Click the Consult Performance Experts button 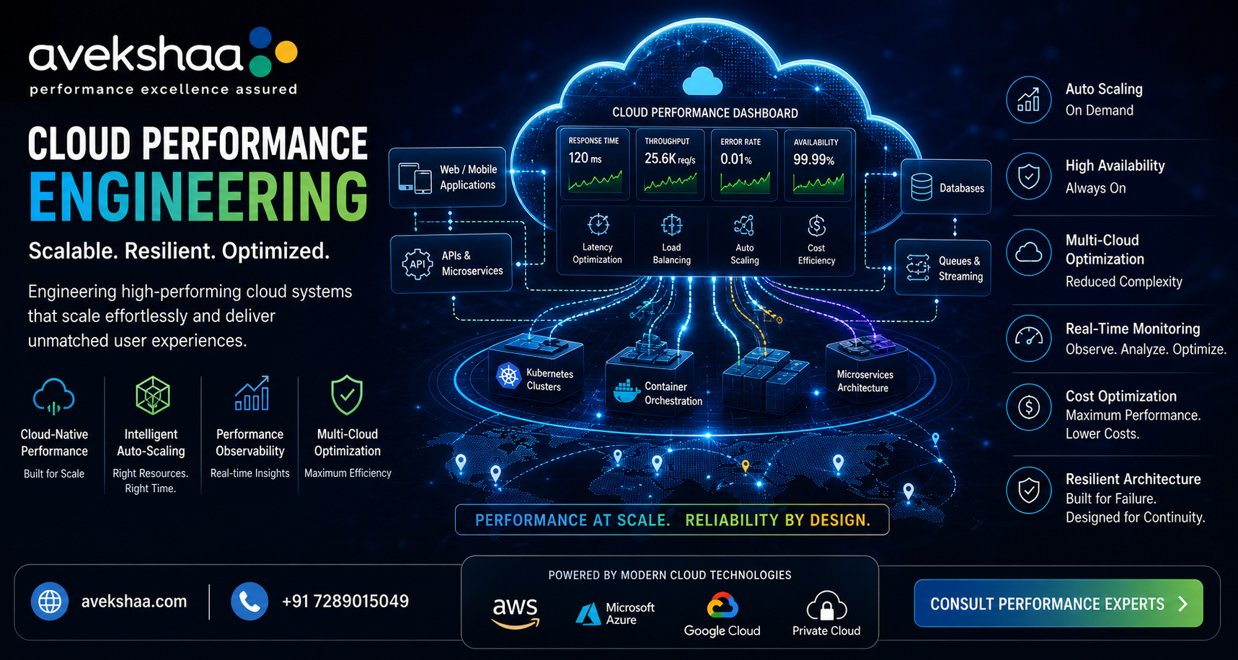coord(1058,603)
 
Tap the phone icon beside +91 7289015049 coord(249,602)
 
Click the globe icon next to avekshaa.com coord(50,602)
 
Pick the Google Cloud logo coord(722,606)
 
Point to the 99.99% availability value coord(814,159)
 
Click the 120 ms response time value coord(585,158)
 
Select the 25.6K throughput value coord(670,159)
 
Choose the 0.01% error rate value coord(736,159)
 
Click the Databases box coord(946,187)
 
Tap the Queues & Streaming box coord(943,268)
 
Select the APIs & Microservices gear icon coord(417,264)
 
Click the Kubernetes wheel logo coord(508,375)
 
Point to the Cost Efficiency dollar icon coord(816,226)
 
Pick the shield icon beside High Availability coord(1029,176)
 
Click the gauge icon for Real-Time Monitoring coord(1029,336)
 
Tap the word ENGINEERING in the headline coord(198,196)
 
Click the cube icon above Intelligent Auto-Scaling coord(152,395)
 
